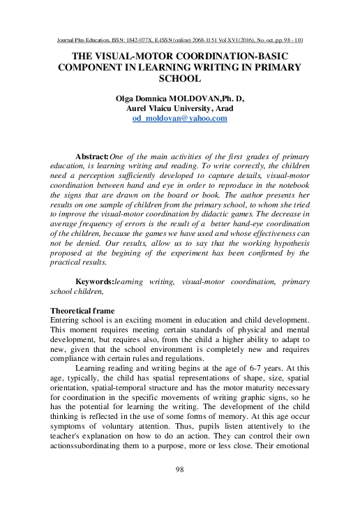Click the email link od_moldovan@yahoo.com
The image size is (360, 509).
[180, 119]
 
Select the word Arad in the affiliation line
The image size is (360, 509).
[234, 109]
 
